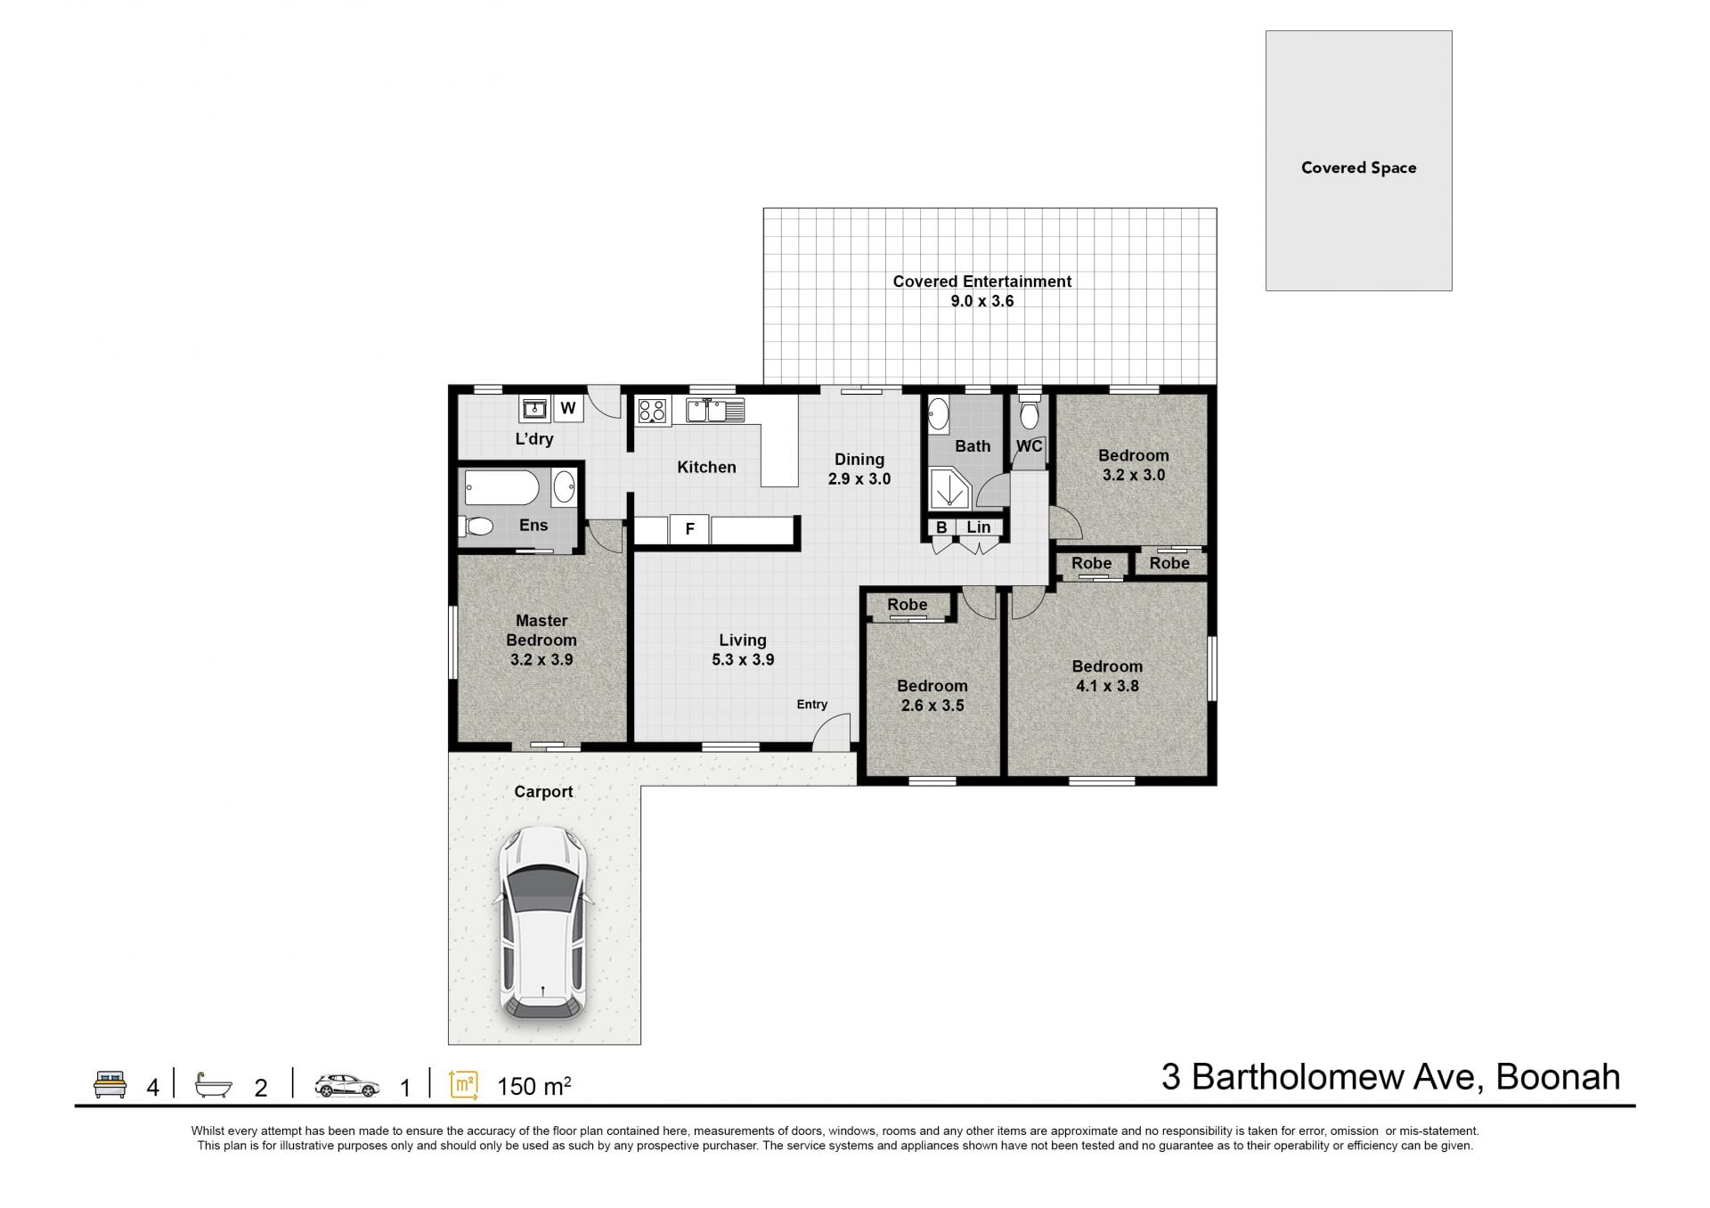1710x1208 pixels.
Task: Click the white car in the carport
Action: click(x=542, y=923)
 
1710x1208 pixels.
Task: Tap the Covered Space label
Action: click(x=1358, y=167)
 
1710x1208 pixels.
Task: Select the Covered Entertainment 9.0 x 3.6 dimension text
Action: click(x=982, y=301)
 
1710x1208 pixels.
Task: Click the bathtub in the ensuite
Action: click(x=501, y=488)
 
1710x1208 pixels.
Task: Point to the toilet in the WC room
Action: click(x=1030, y=412)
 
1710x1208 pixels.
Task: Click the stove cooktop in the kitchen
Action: click(x=653, y=411)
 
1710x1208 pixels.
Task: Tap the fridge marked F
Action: click(x=688, y=529)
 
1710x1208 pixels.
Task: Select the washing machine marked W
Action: click(x=568, y=409)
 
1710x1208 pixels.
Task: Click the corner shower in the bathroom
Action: click(x=949, y=491)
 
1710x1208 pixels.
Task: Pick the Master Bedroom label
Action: click(x=541, y=630)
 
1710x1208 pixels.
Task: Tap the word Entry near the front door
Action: click(x=812, y=705)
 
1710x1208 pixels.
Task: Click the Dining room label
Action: click(x=859, y=460)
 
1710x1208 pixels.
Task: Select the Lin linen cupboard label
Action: click(x=979, y=527)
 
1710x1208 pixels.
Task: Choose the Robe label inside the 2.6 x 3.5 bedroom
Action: click(x=908, y=605)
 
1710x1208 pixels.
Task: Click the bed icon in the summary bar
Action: click(x=110, y=1085)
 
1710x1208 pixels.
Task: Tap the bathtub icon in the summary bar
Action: click(x=214, y=1085)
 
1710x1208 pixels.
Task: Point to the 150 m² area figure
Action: click(x=533, y=1086)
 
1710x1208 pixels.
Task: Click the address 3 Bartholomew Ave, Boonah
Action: click(x=1390, y=1078)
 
